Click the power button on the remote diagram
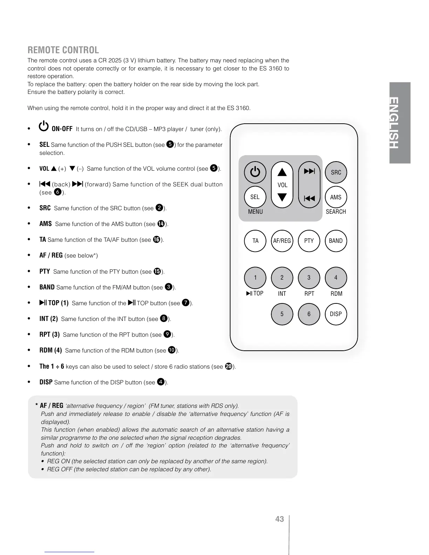(x=255, y=172)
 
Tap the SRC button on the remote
(x=336, y=172)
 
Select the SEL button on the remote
(x=255, y=197)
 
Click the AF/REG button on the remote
(x=282, y=241)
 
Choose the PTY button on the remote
(x=309, y=241)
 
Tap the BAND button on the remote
(x=336, y=241)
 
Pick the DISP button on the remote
(x=336, y=314)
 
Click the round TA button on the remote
(x=255, y=241)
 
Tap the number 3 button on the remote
(x=309, y=277)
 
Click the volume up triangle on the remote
(x=282, y=172)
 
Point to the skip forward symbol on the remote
(x=309, y=171)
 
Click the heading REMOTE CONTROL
(x=63, y=50)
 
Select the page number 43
(x=279, y=519)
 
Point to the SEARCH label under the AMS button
(x=336, y=212)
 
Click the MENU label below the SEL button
(x=255, y=212)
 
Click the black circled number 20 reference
(x=229, y=366)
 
